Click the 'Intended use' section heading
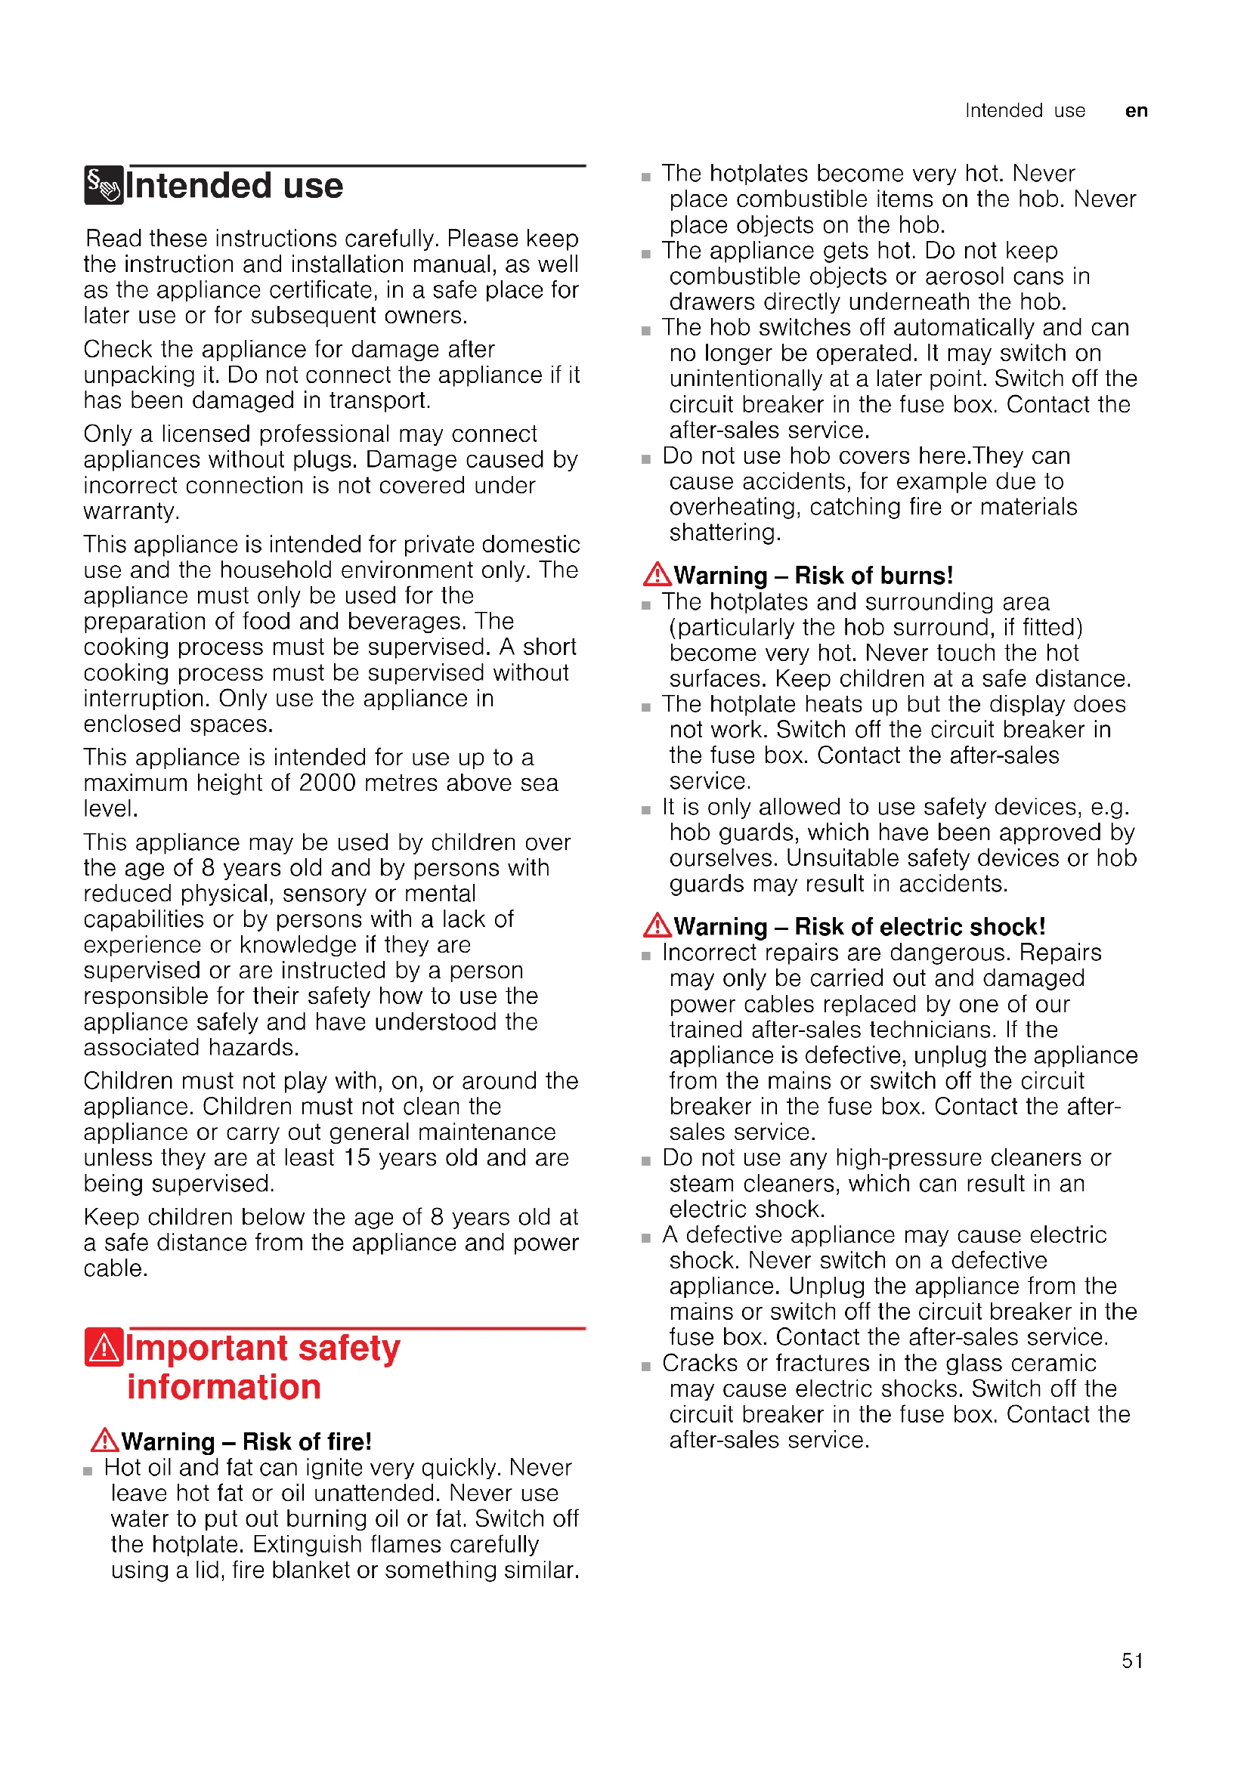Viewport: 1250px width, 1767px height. coord(234,187)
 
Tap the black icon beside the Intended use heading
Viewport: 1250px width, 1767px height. coord(103,186)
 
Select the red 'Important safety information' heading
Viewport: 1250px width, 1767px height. coord(262,1367)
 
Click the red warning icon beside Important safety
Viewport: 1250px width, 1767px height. coord(103,1348)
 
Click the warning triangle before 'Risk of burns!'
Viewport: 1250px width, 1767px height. coord(657,574)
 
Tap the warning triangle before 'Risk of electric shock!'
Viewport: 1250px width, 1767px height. coord(657,925)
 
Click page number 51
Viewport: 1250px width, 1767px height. coord(1131,1660)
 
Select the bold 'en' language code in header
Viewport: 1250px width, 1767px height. coord(1136,111)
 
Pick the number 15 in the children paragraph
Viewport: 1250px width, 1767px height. coord(357,1157)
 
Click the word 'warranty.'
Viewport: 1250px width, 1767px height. coord(131,511)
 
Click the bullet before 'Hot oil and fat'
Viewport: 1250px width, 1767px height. coord(88,1471)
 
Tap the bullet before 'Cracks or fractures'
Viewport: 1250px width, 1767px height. coord(645,1367)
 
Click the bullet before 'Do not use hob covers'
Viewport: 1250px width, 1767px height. coord(645,459)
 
